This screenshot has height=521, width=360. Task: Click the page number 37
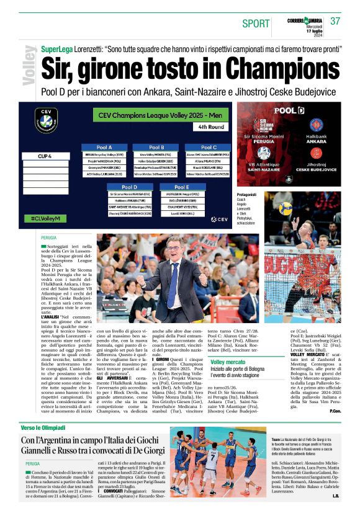pos(336,20)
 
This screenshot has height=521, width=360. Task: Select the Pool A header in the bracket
pos(104,147)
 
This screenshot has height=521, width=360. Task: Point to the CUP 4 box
pos(45,156)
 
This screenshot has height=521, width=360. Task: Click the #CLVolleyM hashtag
pos(48,218)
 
